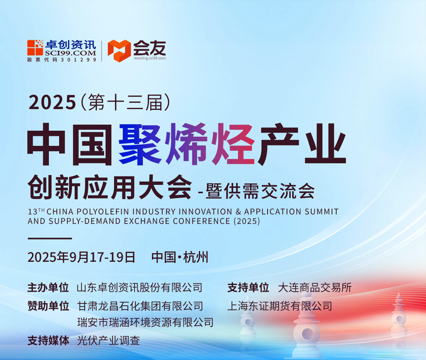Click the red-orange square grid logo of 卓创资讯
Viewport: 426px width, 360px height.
tap(35, 48)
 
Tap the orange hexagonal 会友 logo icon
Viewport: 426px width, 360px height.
tap(119, 51)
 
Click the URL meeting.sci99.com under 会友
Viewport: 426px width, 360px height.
tap(150, 58)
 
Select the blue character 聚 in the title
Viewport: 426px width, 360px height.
tap(140, 144)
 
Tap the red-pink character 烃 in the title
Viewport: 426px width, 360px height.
tap(233, 144)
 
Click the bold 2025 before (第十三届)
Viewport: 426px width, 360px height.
tap(52, 102)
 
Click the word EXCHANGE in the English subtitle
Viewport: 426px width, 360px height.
tap(146, 221)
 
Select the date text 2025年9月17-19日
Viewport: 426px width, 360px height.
tap(81, 257)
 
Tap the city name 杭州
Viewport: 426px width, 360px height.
tap(196, 257)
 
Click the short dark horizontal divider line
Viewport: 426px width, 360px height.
tap(50, 238)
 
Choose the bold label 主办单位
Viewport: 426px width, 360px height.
tap(48, 287)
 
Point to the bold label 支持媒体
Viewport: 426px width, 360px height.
tap(48, 341)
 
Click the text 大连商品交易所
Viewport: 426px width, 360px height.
tap(315, 287)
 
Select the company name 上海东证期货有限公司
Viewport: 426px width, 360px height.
tap(280, 306)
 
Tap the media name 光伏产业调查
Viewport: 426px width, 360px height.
tap(108, 341)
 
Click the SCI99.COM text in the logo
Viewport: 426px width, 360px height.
tap(70, 53)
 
